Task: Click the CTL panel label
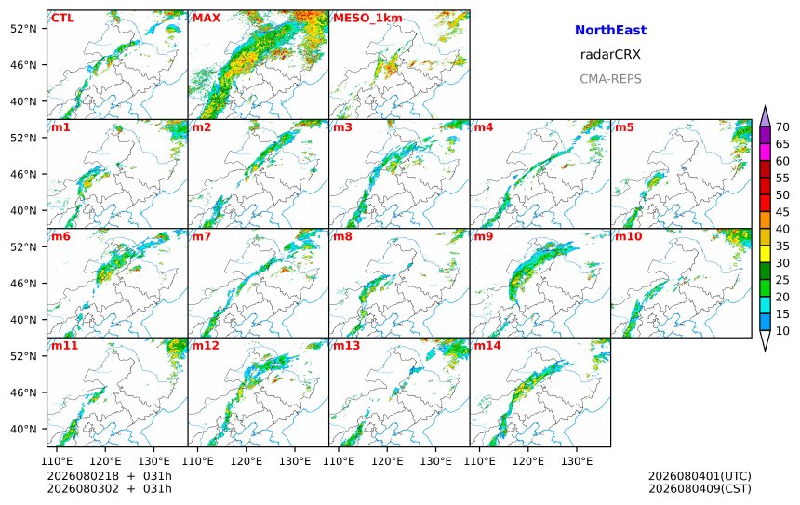tap(62, 19)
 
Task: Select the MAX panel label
tap(207, 19)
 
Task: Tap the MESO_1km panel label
tap(367, 19)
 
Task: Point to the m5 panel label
tap(624, 127)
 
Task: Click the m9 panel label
tap(483, 236)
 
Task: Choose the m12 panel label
tap(206, 345)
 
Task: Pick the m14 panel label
tap(487, 345)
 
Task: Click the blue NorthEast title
tap(610, 30)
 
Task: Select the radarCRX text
tap(610, 55)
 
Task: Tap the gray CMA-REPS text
tap(610, 79)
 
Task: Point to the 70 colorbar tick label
tap(782, 127)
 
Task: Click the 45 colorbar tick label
tap(782, 212)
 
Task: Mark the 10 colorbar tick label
tap(782, 331)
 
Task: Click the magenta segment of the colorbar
tap(765, 152)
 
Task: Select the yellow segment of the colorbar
tap(765, 254)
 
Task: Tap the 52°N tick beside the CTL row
tap(23, 29)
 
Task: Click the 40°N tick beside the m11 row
tap(23, 429)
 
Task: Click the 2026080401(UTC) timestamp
tap(700, 476)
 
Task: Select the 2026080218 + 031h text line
tap(109, 476)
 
